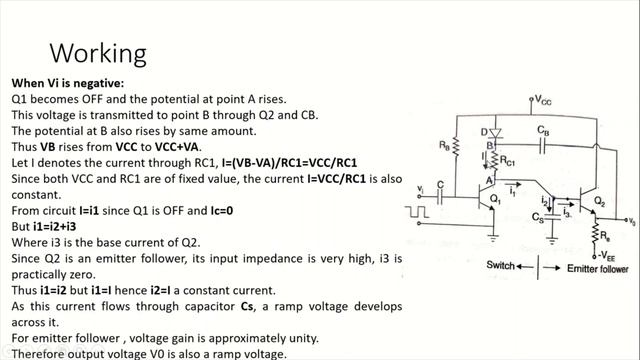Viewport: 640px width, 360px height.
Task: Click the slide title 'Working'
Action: pyautogui.click(x=98, y=53)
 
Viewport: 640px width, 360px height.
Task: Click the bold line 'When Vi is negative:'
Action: pyautogui.click(x=68, y=83)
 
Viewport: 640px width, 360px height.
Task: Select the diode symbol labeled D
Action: pyautogui.click(x=496, y=133)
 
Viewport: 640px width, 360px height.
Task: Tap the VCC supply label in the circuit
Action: pyautogui.click(x=543, y=100)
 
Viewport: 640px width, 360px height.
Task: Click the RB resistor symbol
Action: pyautogui.click(x=456, y=147)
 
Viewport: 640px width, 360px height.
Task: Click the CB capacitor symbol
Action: pyautogui.click(x=542, y=145)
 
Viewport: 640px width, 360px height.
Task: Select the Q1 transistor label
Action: pyautogui.click(x=495, y=199)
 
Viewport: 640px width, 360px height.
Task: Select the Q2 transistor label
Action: pyautogui.click(x=600, y=201)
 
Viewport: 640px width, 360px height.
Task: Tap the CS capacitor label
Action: pyautogui.click(x=538, y=217)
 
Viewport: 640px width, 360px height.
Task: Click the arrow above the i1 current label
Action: pyautogui.click(x=513, y=184)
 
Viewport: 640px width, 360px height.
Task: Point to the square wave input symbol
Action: pyautogui.click(x=416, y=212)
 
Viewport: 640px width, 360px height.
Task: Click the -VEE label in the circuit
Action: pyautogui.click(x=607, y=256)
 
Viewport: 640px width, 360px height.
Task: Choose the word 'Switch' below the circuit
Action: pyautogui.click(x=500, y=265)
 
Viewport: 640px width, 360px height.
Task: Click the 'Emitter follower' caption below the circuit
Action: pyautogui.click(x=598, y=269)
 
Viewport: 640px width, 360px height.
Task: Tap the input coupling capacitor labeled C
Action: pyautogui.click(x=440, y=197)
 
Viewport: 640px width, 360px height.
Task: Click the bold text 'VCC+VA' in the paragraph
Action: pyautogui.click(x=178, y=147)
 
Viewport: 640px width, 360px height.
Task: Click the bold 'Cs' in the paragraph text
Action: pyautogui.click(x=247, y=306)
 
